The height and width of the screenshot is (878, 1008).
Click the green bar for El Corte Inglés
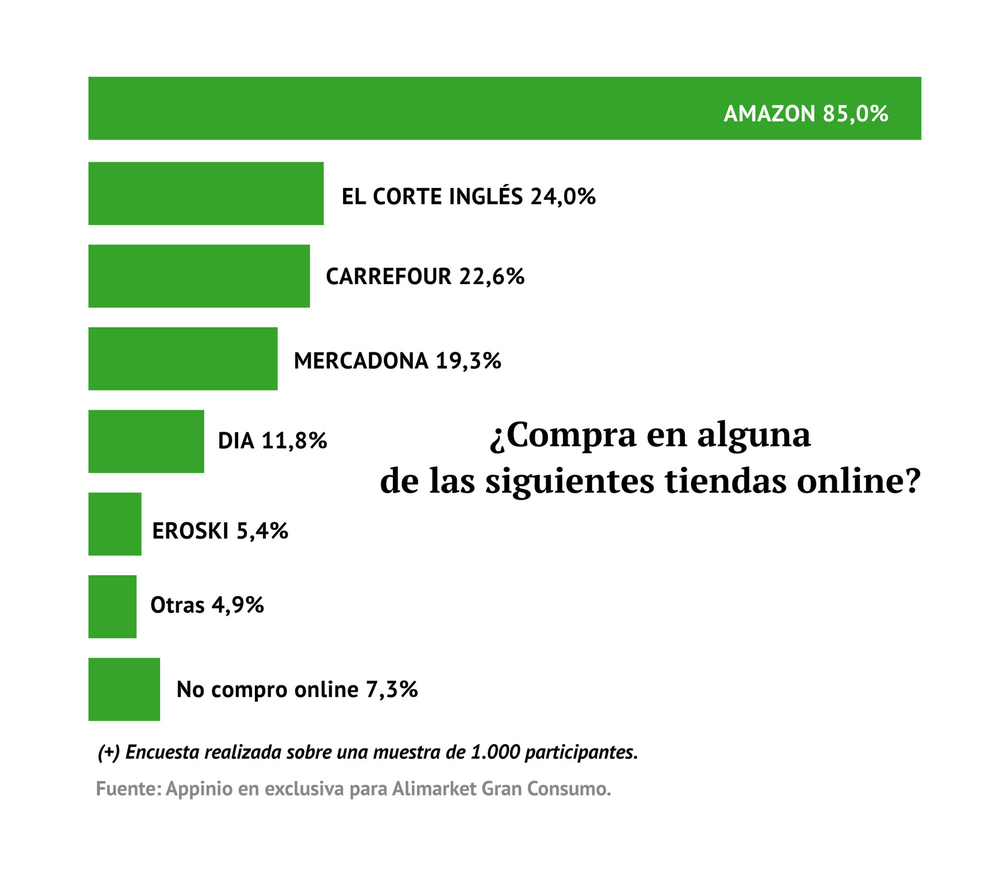[x=206, y=194]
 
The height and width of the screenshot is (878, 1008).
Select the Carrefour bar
[x=199, y=276]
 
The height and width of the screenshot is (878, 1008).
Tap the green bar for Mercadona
[x=183, y=359]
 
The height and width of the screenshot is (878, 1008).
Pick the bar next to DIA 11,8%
[x=146, y=441]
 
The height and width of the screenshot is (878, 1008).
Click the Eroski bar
[x=115, y=524]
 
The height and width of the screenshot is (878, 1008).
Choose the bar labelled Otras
[x=112, y=607]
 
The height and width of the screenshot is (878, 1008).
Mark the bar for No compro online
[x=124, y=689]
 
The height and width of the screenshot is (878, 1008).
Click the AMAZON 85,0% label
[x=805, y=113]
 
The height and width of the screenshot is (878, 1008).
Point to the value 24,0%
[x=563, y=196]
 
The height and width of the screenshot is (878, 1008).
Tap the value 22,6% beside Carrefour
[x=491, y=277]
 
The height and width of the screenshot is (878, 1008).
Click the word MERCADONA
[x=361, y=361]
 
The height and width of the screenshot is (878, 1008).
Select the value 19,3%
[x=468, y=361]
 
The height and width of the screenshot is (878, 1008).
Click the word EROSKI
[x=190, y=531]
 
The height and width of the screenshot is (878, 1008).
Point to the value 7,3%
[x=392, y=689]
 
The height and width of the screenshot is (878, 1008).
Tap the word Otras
[x=177, y=605]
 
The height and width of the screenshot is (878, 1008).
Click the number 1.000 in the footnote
[x=494, y=752]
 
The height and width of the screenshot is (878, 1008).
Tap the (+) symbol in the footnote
[x=108, y=753]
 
